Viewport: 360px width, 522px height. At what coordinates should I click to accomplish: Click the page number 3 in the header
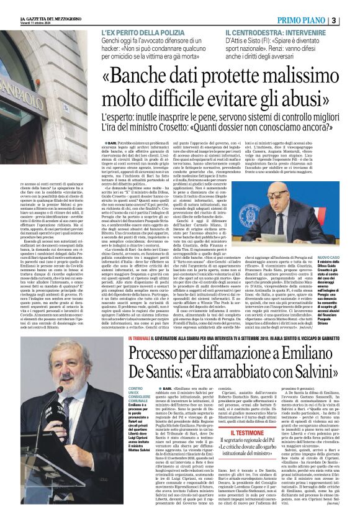351,20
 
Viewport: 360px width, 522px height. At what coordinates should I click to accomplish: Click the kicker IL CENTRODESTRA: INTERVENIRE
276,32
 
